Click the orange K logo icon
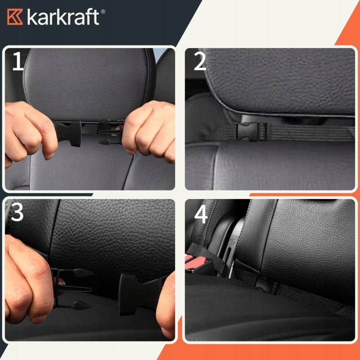[x=15, y=17]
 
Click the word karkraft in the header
[x=63, y=16]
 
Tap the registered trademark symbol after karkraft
[x=103, y=11]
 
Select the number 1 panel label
[x=18, y=61]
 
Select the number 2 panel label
[x=199, y=61]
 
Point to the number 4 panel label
[x=201, y=214]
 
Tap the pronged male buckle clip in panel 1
[x=110, y=131]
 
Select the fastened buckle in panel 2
[x=250, y=131]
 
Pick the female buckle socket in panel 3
[x=140, y=294]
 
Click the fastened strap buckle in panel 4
[x=266, y=284]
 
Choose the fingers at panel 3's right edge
[x=166, y=305]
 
